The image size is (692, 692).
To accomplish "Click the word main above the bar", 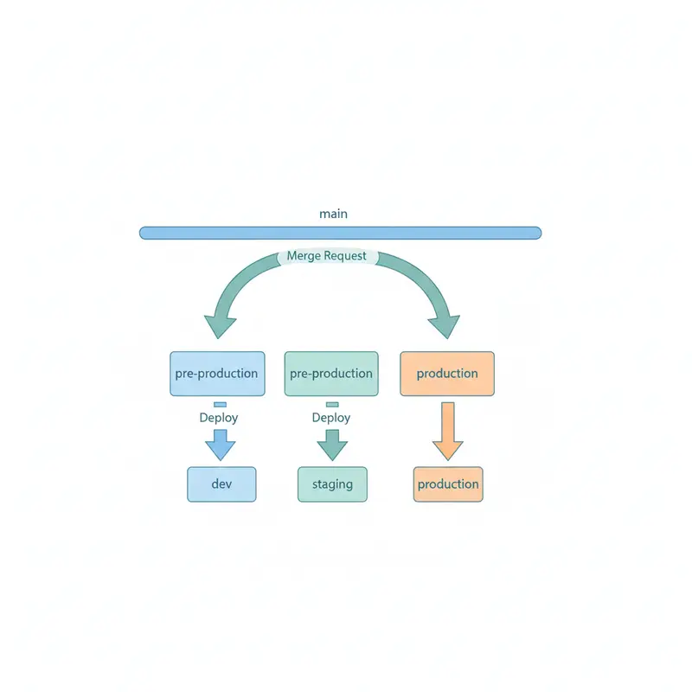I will click(x=333, y=213).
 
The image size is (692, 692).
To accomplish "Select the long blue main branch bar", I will click(x=340, y=233).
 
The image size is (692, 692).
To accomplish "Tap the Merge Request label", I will click(x=327, y=257).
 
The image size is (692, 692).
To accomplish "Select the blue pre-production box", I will click(x=217, y=374).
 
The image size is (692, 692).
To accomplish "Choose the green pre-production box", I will click(x=331, y=374).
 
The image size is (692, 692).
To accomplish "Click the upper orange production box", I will click(x=447, y=374).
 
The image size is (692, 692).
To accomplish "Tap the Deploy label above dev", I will click(x=219, y=418).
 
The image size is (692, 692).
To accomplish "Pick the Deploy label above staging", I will click(x=331, y=418).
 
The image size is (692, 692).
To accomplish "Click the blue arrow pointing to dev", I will click(x=220, y=445).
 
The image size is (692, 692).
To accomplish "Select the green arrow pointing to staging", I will click(x=331, y=445).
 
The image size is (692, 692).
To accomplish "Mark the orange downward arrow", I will click(x=447, y=431).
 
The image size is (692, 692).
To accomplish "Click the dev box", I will click(x=221, y=484).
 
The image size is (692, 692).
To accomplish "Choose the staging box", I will click(x=332, y=484).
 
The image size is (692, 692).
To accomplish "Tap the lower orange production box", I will click(x=448, y=484).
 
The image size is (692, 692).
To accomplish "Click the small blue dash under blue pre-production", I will click(x=220, y=404).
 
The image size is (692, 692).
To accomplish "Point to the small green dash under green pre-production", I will click(x=332, y=404).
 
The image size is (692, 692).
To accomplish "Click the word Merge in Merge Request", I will click(x=304, y=257).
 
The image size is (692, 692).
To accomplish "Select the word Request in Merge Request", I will click(x=346, y=257).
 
